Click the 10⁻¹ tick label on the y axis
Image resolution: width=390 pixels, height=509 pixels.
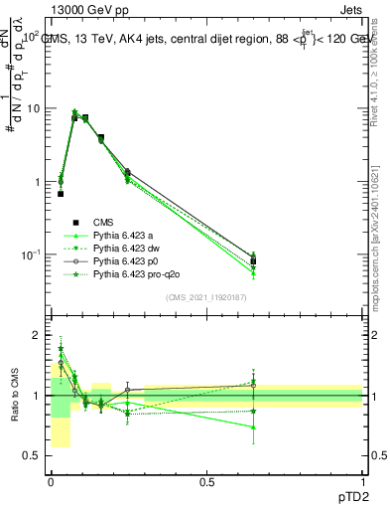(x=32, y=255)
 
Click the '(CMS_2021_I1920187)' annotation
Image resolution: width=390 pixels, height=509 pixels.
(x=206, y=296)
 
